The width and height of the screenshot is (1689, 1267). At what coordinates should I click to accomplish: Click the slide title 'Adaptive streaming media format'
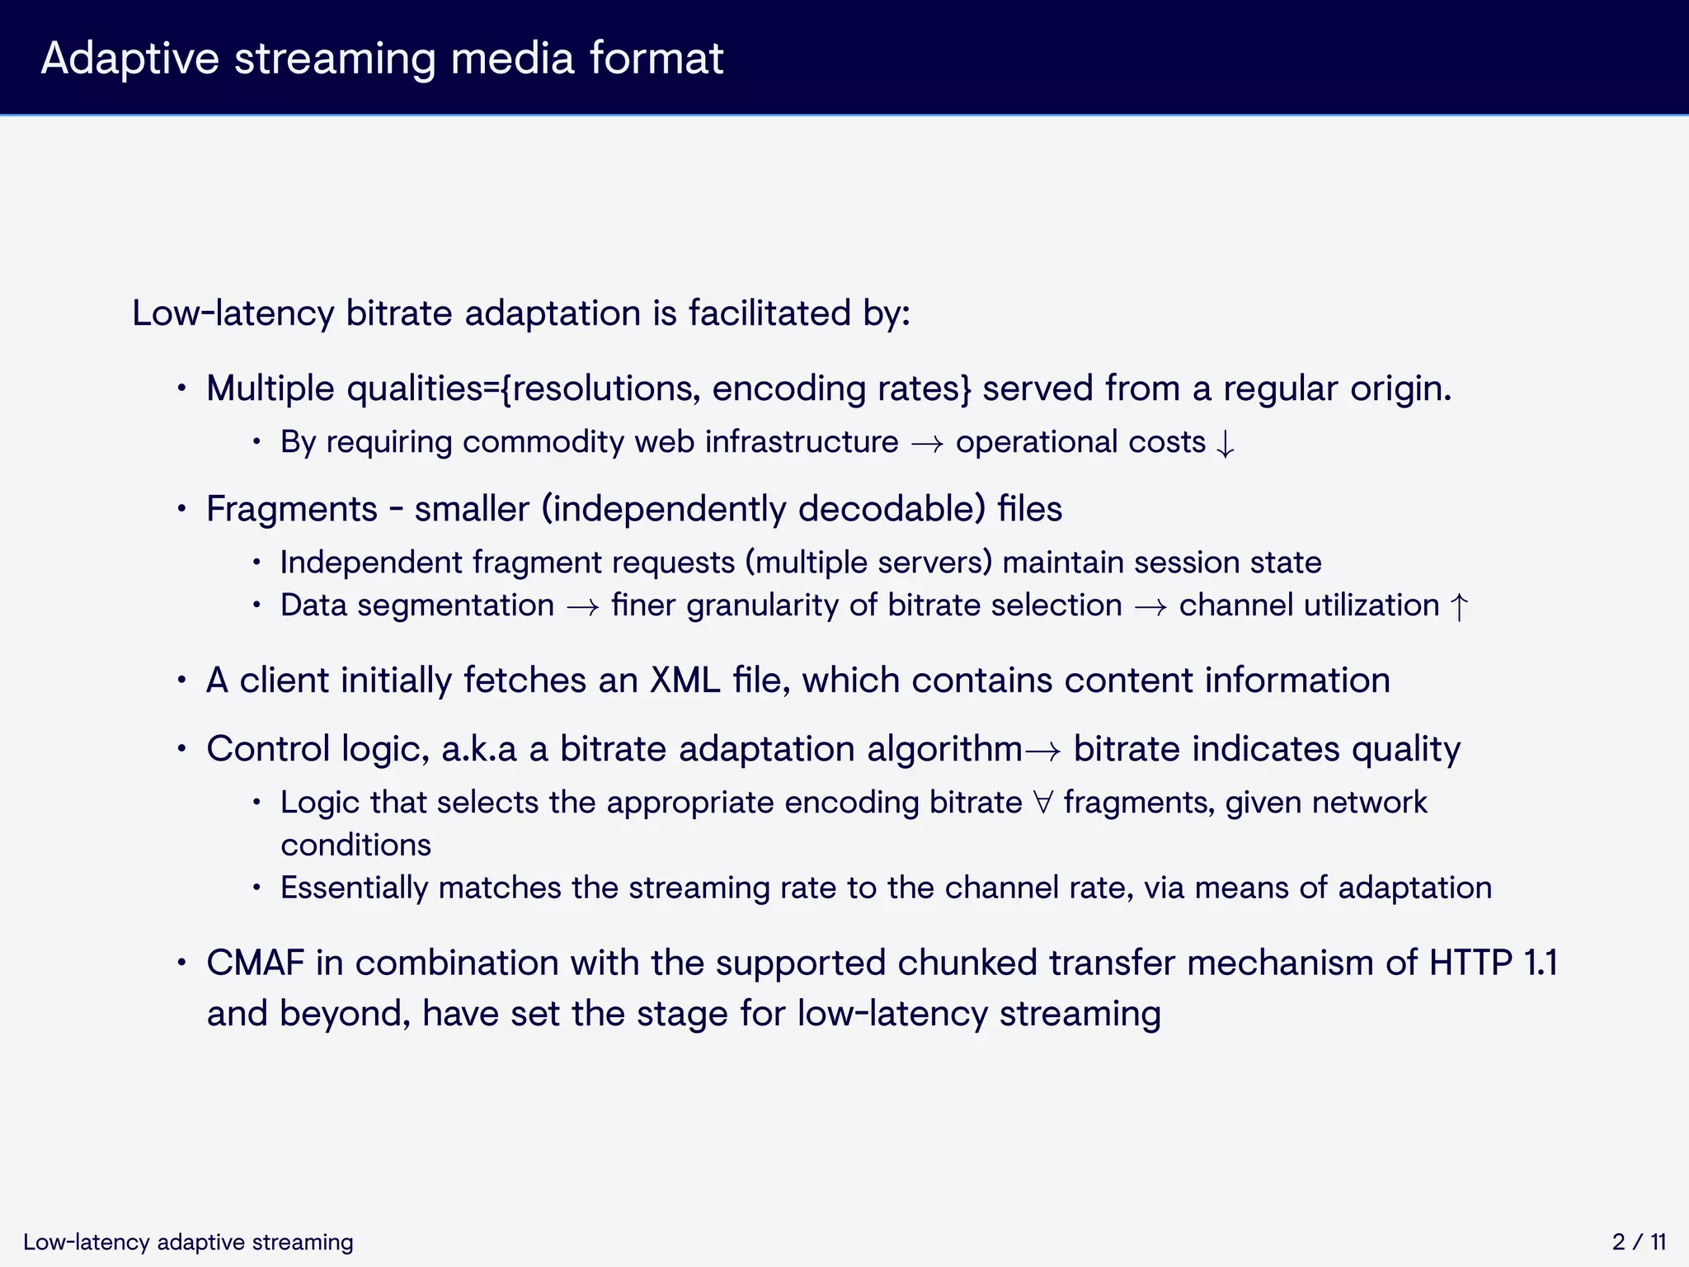[x=382, y=59]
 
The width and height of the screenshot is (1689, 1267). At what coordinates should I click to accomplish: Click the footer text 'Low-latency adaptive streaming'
[x=188, y=1241]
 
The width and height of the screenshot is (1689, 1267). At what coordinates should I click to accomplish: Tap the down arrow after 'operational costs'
[x=1226, y=444]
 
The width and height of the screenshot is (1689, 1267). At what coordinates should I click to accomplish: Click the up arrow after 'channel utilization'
[x=1459, y=607]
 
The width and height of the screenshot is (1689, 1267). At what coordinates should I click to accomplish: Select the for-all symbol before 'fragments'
[x=1043, y=803]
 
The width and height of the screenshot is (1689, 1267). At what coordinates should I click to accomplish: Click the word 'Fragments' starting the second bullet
[x=291, y=509]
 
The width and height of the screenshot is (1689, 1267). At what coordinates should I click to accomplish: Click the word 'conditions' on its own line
[x=355, y=845]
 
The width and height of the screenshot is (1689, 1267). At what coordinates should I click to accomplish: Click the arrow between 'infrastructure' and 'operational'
[x=927, y=444]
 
